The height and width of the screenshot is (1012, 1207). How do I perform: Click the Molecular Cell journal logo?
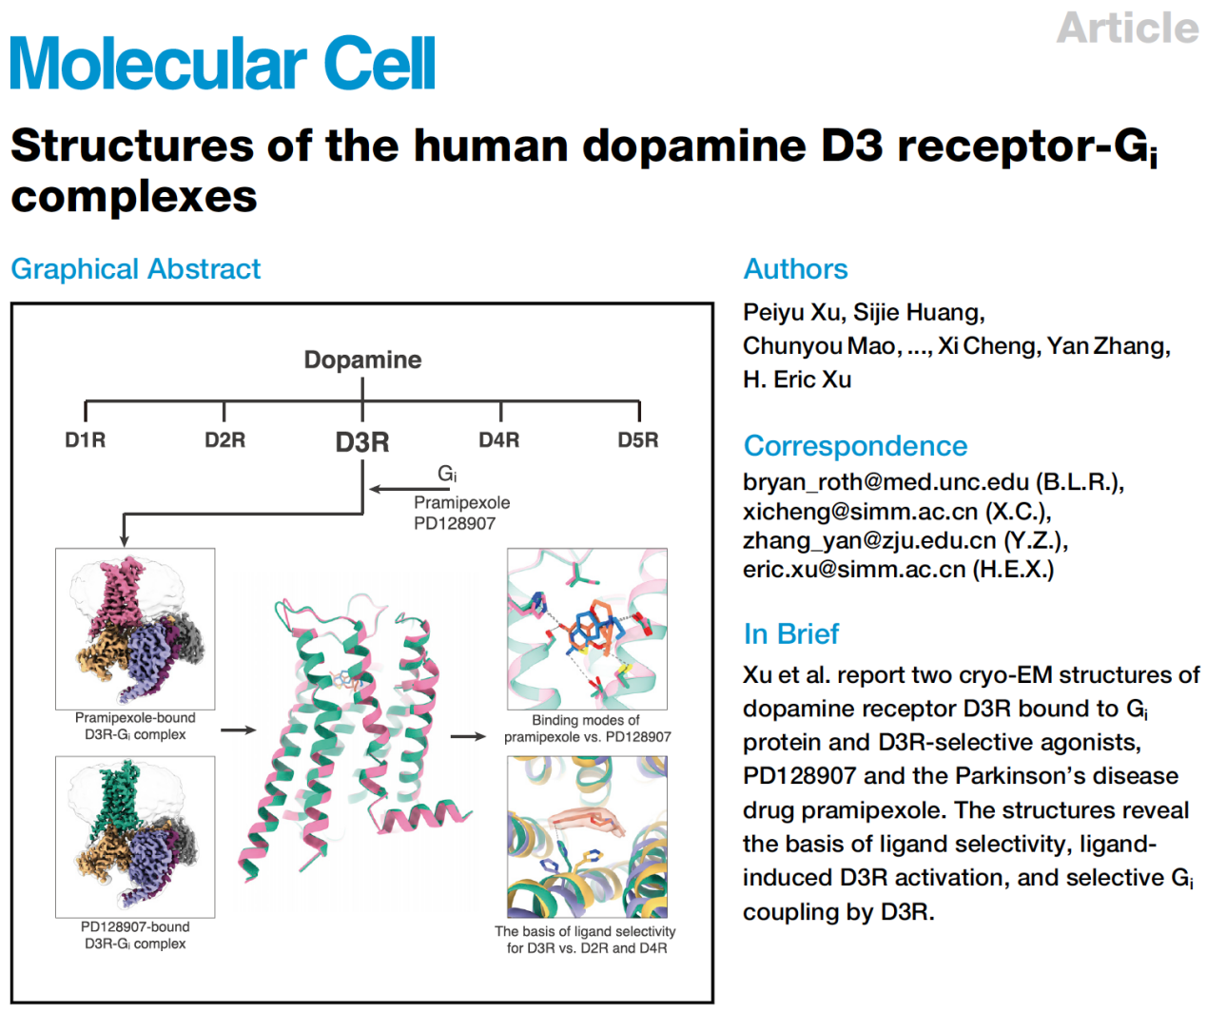click(223, 64)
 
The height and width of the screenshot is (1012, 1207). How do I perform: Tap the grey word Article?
click(1127, 28)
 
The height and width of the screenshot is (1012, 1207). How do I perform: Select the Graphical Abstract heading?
click(135, 269)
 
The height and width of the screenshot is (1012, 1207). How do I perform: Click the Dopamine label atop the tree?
click(362, 360)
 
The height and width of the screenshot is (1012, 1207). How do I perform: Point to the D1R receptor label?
click(85, 440)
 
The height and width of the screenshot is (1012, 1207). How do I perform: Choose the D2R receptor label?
click(224, 440)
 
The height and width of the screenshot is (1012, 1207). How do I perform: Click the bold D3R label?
click(362, 442)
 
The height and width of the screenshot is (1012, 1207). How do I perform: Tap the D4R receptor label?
click(499, 440)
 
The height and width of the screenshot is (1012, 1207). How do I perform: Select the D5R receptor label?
click(637, 440)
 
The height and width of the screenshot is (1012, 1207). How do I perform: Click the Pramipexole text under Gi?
click(461, 502)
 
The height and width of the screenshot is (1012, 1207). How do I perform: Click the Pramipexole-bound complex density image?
click(135, 628)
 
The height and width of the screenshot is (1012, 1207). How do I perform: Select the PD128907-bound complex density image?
click(135, 836)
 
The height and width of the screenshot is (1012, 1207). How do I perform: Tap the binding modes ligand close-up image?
click(587, 628)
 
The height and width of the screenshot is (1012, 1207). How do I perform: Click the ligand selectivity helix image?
click(587, 836)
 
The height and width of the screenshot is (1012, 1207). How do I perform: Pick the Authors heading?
click(795, 269)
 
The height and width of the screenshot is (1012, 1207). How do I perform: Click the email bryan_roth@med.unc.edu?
click(886, 482)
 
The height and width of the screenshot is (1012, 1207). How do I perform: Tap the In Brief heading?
click(790, 633)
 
